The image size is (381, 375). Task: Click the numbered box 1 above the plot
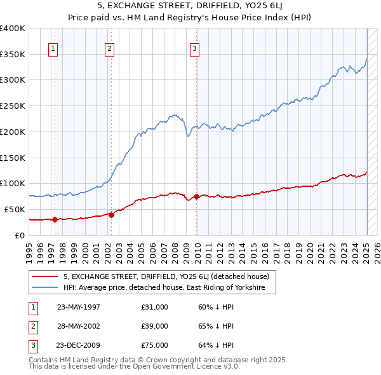tap(53, 48)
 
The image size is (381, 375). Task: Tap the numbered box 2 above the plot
tap(110, 48)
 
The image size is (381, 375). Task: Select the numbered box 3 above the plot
tap(194, 48)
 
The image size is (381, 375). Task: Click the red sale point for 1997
tap(55, 219)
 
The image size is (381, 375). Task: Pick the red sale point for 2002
tap(111, 215)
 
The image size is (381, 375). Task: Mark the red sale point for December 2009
tap(196, 196)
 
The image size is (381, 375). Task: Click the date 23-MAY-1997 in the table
tap(78, 307)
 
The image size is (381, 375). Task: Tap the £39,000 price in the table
tap(155, 326)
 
